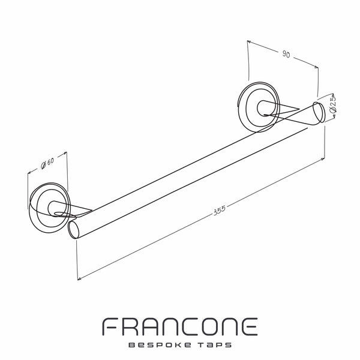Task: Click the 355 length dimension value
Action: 220,210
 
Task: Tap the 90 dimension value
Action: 286,54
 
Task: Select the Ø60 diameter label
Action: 47,163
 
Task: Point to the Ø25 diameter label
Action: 333,104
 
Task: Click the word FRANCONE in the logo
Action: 180,326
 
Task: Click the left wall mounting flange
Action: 49,208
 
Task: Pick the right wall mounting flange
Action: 259,107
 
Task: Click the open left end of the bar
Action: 74,230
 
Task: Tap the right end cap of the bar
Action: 319,113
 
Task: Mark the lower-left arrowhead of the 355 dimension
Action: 79,279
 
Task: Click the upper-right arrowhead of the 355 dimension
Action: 323,159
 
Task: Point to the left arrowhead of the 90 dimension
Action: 249,42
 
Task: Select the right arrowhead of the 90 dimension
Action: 316,67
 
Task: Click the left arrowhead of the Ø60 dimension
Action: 29,173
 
